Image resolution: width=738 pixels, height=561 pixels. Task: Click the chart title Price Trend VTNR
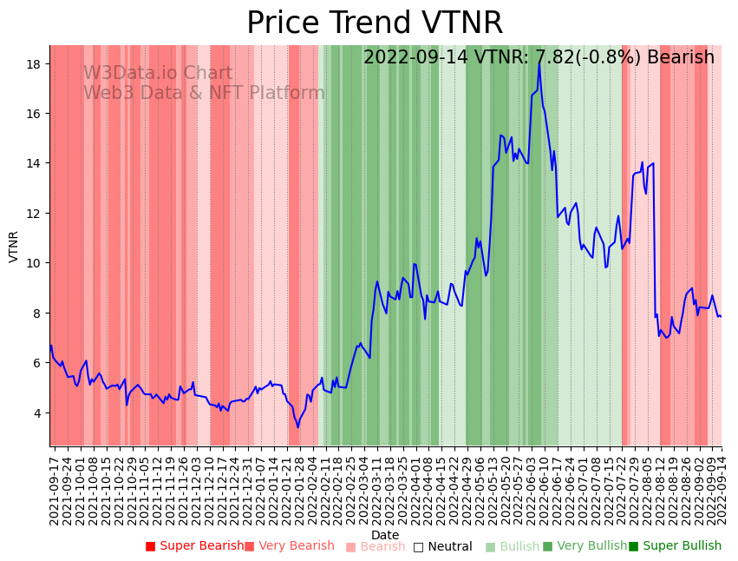(x=374, y=23)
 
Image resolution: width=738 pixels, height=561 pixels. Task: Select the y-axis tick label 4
(x=39, y=412)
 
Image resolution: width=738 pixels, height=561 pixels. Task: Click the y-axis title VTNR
(x=14, y=247)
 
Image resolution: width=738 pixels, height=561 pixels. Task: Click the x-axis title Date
(x=385, y=536)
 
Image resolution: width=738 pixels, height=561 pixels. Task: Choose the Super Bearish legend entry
(x=195, y=546)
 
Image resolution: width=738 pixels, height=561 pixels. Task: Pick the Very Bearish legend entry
(x=289, y=546)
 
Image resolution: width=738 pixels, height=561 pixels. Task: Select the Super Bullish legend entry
(x=675, y=546)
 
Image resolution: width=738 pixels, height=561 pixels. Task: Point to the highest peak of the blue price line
(x=539, y=63)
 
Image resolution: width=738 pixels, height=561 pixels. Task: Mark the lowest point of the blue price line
(x=297, y=427)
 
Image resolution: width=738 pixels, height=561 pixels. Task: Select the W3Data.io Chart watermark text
(x=158, y=74)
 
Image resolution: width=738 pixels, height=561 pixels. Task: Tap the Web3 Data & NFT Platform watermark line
(x=204, y=94)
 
